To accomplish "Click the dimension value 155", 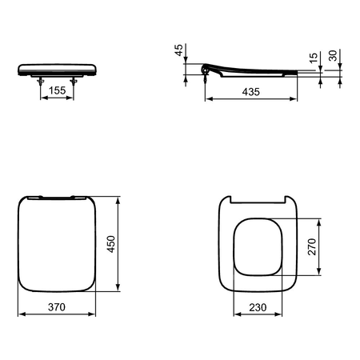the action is coord(58,90).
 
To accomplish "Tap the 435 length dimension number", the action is coord(251,92).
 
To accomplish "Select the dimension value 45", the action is coord(178,50).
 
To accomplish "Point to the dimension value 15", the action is coord(314,58).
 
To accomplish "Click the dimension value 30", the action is coord(333,55).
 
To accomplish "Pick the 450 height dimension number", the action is coord(110,244).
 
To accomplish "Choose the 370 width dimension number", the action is coord(57,307).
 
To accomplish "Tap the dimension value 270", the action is coord(312,246).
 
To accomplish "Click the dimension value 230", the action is coord(258,307).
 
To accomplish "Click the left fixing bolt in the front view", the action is coord(41,81).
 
